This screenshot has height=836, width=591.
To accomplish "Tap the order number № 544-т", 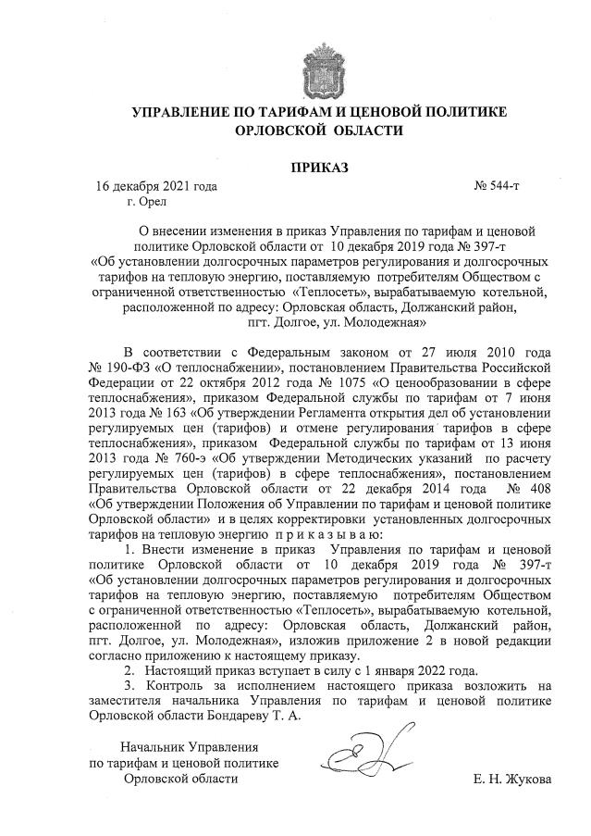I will click(x=498, y=187).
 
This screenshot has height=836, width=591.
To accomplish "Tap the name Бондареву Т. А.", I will click(x=254, y=715).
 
